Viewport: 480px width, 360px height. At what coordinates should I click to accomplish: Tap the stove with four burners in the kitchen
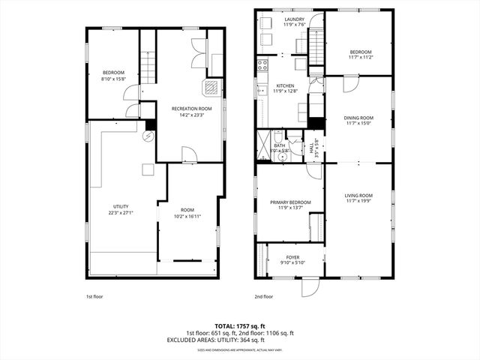tap(262, 64)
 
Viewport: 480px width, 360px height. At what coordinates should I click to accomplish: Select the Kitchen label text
tap(285, 86)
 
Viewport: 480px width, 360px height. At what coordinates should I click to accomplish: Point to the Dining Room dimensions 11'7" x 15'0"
tap(358, 124)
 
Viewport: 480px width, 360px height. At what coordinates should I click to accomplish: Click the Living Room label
tap(358, 196)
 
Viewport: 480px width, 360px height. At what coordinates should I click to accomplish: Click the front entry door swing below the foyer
tap(310, 286)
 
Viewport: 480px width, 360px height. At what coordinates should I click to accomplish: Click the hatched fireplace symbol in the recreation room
tap(213, 87)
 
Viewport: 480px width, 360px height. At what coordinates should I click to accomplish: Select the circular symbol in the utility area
tap(148, 136)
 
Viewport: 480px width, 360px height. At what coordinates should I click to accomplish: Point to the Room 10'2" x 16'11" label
tap(187, 211)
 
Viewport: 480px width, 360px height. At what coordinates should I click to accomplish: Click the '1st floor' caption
tap(94, 296)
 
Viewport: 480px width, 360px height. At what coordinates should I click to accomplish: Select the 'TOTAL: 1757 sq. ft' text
tap(240, 326)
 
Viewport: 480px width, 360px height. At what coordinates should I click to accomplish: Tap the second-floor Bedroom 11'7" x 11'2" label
tap(360, 54)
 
